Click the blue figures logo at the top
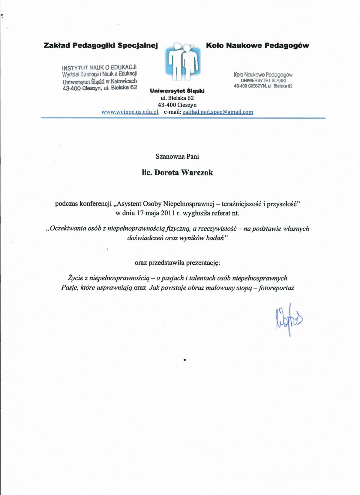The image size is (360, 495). click(x=183, y=62)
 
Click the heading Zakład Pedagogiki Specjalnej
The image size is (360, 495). click(x=101, y=46)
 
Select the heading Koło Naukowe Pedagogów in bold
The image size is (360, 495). click(x=257, y=46)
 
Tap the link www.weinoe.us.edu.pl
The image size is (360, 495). click(x=130, y=112)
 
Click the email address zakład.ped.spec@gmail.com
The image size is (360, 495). click(x=218, y=112)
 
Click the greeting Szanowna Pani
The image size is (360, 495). click(x=177, y=156)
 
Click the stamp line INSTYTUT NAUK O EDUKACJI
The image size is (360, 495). click(x=99, y=67)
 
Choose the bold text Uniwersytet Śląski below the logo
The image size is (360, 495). click(x=177, y=91)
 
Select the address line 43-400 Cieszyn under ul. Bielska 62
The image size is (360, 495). click(x=177, y=105)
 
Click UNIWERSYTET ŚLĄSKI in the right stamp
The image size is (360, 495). click(x=263, y=80)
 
